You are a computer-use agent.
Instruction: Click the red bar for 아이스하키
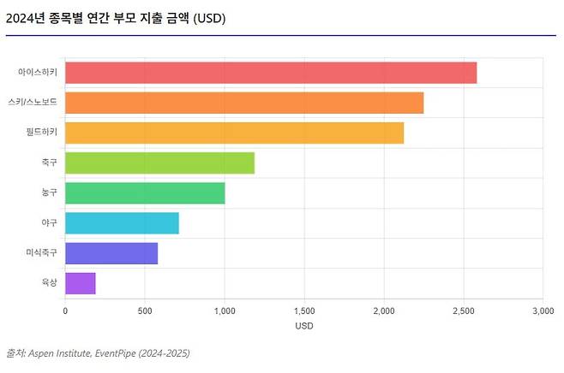[271, 73]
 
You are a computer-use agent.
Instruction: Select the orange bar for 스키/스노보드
[244, 103]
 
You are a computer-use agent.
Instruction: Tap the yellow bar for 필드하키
[234, 133]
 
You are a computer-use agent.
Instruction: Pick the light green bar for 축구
[159, 163]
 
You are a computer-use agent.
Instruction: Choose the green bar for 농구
[145, 193]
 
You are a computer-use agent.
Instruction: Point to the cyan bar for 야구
[122, 223]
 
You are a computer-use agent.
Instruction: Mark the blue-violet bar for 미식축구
[111, 253]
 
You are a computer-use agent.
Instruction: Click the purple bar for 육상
[81, 283]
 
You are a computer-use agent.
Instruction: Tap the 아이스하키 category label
[38, 72]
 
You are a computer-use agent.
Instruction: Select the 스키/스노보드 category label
[33, 102]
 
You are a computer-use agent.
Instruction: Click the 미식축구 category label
[42, 252]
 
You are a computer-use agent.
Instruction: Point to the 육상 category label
[49, 282]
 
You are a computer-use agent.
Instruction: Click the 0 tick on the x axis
[65, 311]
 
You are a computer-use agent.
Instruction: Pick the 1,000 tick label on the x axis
[225, 311]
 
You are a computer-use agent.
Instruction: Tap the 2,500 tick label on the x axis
[464, 311]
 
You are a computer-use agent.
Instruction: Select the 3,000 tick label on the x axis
[543, 311]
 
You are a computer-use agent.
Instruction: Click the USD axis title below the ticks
[304, 326]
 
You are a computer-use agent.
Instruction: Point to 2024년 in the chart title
[26, 18]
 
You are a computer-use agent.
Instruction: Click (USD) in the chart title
[209, 18]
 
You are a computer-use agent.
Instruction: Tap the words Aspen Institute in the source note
[59, 353]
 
